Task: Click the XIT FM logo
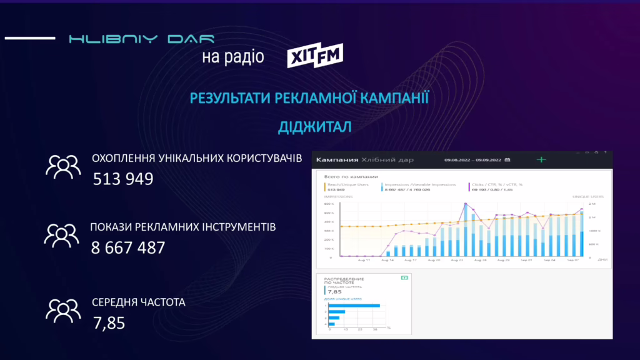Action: click(x=315, y=57)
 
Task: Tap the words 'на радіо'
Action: click(x=232, y=57)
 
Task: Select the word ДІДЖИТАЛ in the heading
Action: click(x=315, y=127)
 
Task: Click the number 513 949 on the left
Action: click(x=123, y=179)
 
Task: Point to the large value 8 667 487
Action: click(x=128, y=247)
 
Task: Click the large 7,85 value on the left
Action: click(x=109, y=323)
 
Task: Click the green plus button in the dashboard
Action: click(x=541, y=160)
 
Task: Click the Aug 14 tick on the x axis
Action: click(x=387, y=260)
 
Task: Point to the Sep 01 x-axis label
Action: click(x=527, y=260)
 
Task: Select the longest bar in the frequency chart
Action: click(x=354, y=306)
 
